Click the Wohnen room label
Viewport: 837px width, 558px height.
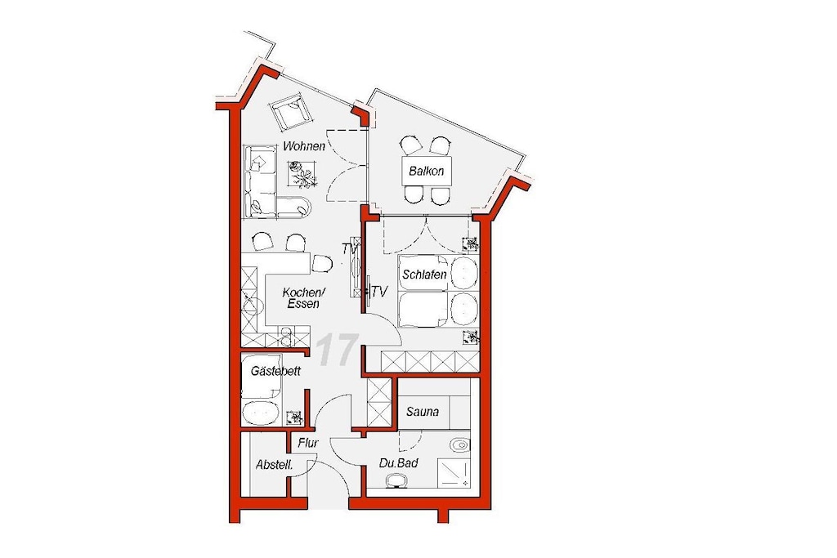pyautogui.click(x=304, y=145)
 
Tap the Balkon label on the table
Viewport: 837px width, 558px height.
pyautogui.click(x=427, y=172)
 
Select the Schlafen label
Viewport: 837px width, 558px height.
pyautogui.click(x=424, y=275)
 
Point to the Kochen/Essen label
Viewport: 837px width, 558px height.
pyautogui.click(x=303, y=298)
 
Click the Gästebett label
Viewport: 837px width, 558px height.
pyautogui.click(x=275, y=371)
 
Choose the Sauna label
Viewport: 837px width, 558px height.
pyautogui.click(x=423, y=411)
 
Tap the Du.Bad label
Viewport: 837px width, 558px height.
pyautogui.click(x=398, y=463)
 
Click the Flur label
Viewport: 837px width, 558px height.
pyautogui.click(x=308, y=443)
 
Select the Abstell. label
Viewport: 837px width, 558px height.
pyautogui.click(x=275, y=465)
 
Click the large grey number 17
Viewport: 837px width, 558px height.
pyautogui.click(x=336, y=350)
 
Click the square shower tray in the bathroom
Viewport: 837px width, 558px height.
pyautogui.click(x=454, y=473)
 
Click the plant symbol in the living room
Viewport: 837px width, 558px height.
pyautogui.click(x=302, y=175)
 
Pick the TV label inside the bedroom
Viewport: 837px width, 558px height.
pyautogui.click(x=379, y=292)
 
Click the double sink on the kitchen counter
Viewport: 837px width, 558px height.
pyautogui.click(x=286, y=336)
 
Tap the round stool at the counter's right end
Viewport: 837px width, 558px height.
pyautogui.click(x=321, y=262)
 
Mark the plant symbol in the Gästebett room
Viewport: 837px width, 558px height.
pyautogui.click(x=294, y=417)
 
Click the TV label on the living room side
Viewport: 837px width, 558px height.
pyautogui.click(x=350, y=248)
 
